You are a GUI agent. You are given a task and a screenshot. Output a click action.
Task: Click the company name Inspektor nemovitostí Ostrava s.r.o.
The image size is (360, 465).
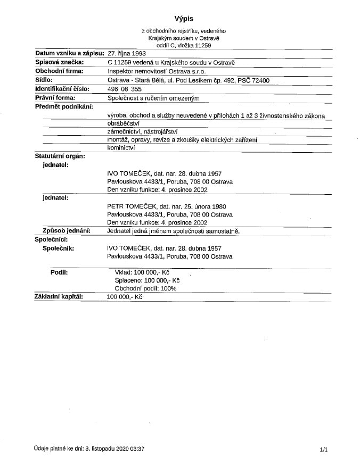(156, 71)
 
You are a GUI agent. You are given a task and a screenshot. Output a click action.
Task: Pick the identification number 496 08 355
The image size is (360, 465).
(125, 89)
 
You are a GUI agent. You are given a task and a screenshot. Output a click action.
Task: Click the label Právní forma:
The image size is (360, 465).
(55, 98)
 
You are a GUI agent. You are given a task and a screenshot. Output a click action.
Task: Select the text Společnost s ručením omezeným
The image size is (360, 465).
(153, 98)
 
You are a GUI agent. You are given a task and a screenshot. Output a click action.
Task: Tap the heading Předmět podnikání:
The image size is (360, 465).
(64, 106)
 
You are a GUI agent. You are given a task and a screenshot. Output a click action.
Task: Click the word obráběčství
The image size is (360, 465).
(123, 123)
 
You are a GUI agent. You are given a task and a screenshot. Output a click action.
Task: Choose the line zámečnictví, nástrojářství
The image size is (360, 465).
(142, 131)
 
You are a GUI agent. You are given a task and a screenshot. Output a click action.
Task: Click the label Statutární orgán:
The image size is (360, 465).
(60, 156)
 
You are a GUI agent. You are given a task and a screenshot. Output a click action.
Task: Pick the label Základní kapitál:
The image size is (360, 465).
(59, 296)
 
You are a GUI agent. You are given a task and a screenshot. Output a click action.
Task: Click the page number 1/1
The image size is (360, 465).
(323, 450)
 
